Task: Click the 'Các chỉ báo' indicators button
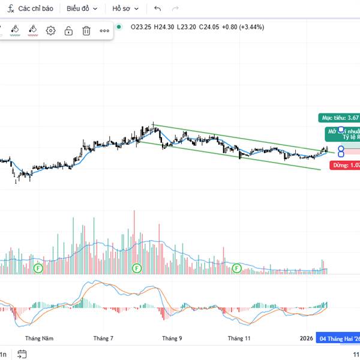pos(31,9)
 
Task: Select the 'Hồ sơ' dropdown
pos(125,9)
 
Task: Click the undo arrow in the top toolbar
pos(157,9)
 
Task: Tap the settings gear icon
pos(50,31)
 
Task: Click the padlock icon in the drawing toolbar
pos(68,31)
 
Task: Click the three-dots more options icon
pos(104,31)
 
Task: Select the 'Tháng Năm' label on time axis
pos(40,338)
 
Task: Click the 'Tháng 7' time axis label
pos(103,338)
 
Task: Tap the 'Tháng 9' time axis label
pos(172,338)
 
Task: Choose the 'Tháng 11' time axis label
pos(239,338)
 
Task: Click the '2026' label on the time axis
pos(307,338)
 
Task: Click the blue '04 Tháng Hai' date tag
pos(338,338)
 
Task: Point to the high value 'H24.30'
pos(164,26)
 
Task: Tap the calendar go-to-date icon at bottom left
pos(22,354)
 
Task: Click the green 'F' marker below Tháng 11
pos(237,268)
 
